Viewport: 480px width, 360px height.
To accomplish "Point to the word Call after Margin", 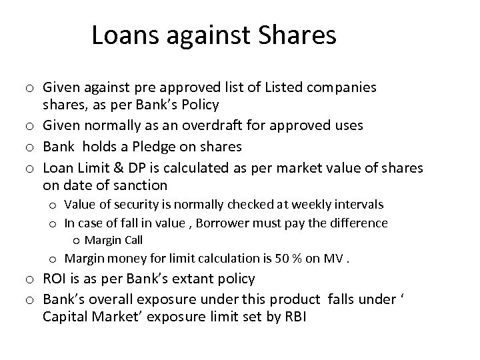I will pos(133,240).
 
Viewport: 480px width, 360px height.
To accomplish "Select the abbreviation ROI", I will pos(55,279).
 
